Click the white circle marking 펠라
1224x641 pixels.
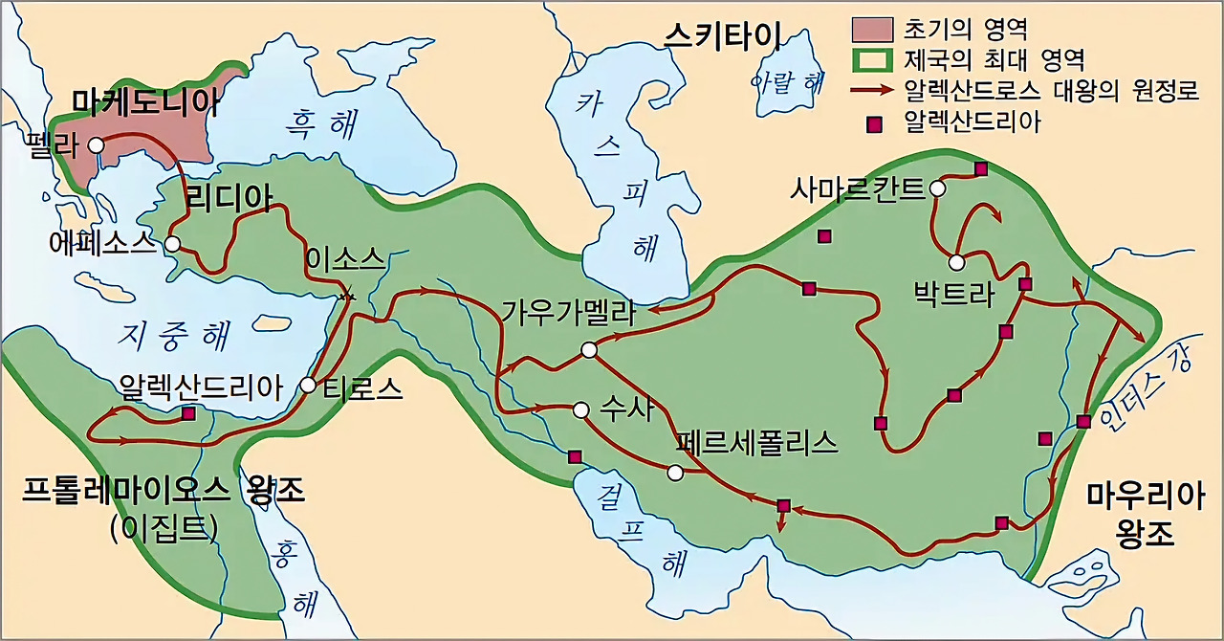[x=96, y=145]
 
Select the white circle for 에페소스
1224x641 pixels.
[x=172, y=244]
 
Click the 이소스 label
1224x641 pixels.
[x=345, y=258]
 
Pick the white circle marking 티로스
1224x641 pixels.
[x=308, y=386]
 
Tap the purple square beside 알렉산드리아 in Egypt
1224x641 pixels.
[x=189, y=413]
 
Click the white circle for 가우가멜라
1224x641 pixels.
[x=589, y=350]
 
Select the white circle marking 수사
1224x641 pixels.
[x=579, y=409]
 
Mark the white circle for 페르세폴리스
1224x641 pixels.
[x=675, y=473]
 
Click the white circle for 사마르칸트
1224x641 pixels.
[x=938, y=188]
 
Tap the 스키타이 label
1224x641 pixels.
[x=724, y=37]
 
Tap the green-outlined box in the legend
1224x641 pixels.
[x=872, y=61]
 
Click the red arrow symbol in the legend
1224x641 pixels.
[x=872, y=91]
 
